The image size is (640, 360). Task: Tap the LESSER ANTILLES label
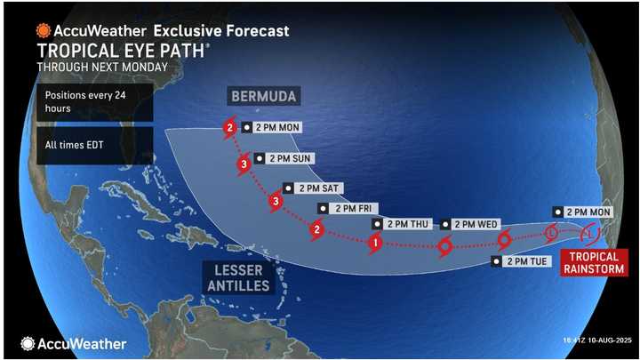click(x=236, y=276)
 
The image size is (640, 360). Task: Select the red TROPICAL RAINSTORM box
click(x=589, y=261)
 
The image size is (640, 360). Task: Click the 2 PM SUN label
click(x=284, y=159)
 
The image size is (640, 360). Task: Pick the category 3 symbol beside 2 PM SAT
click(x=276, y=203)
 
